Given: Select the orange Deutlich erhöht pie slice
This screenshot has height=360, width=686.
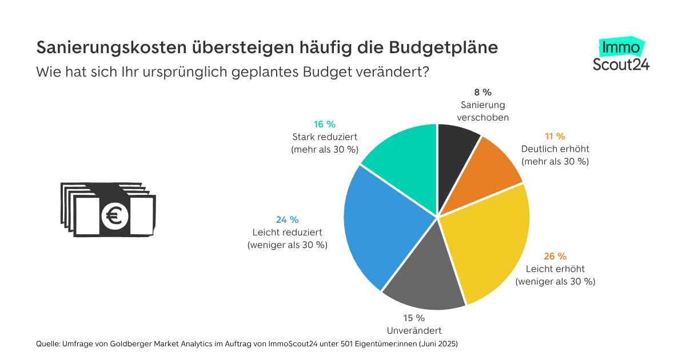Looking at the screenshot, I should click(x=492, y=171).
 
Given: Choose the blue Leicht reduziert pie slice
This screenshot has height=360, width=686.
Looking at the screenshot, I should click(x=377, y=223).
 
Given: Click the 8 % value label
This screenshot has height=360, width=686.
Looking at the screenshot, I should click(x=483, y=92).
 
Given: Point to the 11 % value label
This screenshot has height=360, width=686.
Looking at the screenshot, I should click(x=555, y=136).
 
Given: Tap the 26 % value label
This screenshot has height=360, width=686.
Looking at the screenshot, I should click(x=555, y=256).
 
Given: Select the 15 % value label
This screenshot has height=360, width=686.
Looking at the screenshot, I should click(x=414, y=318).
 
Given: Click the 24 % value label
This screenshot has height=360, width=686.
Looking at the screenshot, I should click(x=287, y=219).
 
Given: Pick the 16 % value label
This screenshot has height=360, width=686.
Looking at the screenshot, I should click(x=324, y=124).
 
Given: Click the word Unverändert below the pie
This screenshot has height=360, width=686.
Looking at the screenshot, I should click(x=414, y=330).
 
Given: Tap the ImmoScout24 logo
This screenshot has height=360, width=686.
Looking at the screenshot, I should click(x=621, y=55).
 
